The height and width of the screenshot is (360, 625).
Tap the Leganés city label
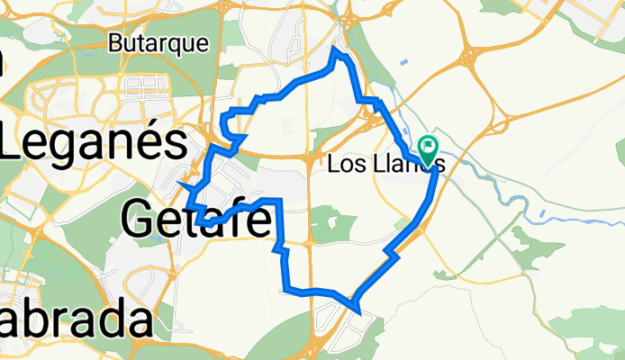coord(95,142)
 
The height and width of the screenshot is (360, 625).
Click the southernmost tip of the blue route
coord(359,313)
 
